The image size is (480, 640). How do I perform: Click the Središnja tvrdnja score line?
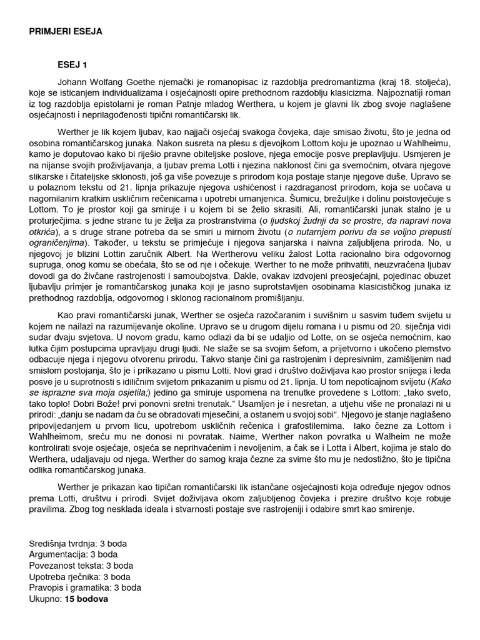click(x=77, y=543)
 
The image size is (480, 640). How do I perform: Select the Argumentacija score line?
click(x=73, y=554)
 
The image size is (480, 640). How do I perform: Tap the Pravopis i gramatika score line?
click(x=85, y=588)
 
